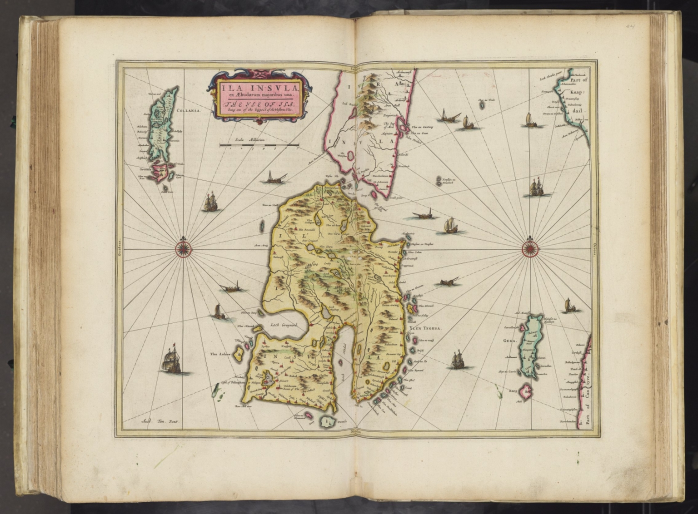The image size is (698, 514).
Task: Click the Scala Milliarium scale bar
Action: point(258,145)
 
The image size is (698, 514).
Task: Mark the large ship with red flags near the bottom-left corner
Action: point(171,361)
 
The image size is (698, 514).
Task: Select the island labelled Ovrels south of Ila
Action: point(326,421)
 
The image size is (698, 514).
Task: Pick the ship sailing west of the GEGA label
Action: point(458,360)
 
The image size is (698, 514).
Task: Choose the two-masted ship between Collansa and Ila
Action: point(210,202)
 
